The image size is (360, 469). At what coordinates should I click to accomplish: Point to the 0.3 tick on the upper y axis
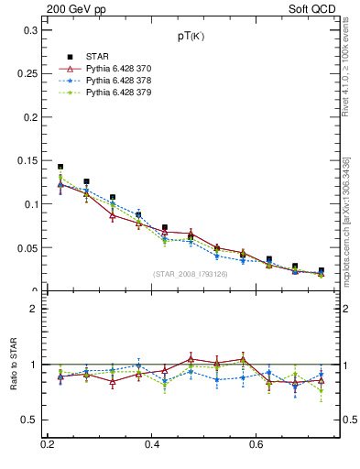click(x=31, y=30)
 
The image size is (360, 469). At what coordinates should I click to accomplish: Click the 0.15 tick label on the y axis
click(x=27, y=161)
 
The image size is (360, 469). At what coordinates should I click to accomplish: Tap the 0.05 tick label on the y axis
click(x=27, y=248)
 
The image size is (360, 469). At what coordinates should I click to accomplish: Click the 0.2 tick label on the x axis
click(x=48, y=445)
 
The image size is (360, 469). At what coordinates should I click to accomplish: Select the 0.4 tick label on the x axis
click(x=152, y=445)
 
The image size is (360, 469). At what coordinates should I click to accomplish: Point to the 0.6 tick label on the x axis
click(x=256, y=445)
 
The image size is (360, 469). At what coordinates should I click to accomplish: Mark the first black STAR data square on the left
click(x=60, y=167)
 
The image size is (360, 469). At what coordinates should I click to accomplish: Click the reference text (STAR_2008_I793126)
click(x=191, y=274)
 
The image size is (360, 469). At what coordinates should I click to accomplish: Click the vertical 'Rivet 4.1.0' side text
click(x=346, y=73)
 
